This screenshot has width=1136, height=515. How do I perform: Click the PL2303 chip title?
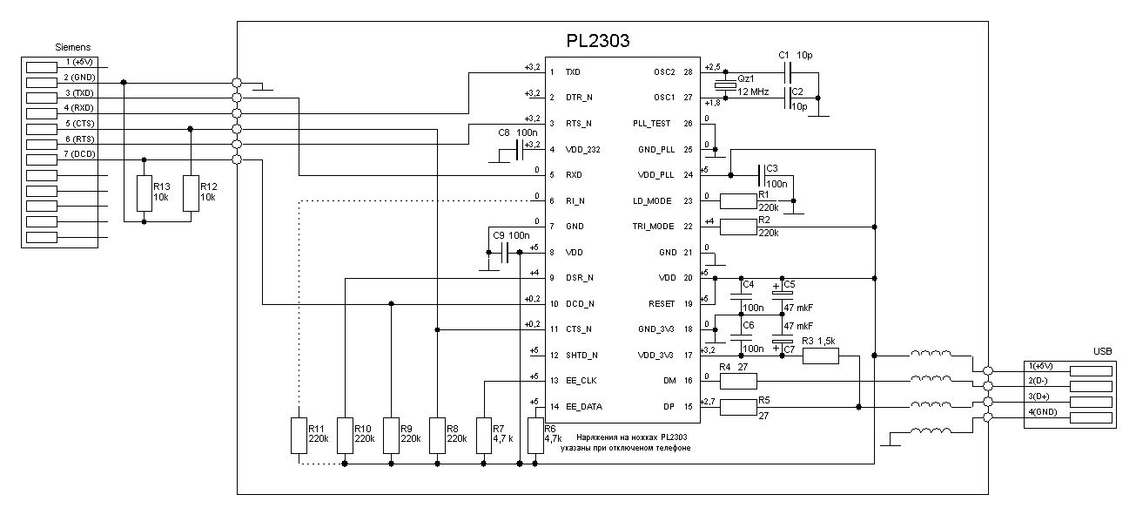point(598,40)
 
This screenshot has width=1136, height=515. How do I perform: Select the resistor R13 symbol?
point(145,193)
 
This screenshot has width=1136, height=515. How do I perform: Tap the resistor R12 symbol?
point(190,193)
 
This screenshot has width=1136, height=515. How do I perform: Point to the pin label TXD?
point(573,72)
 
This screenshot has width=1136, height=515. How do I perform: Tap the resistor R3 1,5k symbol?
point(820,355)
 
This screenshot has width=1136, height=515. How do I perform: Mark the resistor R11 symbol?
point(299,436)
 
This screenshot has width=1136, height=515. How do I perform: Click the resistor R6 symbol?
point(534,436)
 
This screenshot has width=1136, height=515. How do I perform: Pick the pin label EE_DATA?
point(583,407)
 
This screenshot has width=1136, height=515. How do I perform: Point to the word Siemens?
point(73,47)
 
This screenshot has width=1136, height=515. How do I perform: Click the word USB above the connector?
point(1102,351)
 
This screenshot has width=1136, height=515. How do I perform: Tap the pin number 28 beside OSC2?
point(688,72)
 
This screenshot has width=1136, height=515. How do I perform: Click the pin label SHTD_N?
point(581,356)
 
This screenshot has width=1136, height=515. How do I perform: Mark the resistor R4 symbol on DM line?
point(738,381)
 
